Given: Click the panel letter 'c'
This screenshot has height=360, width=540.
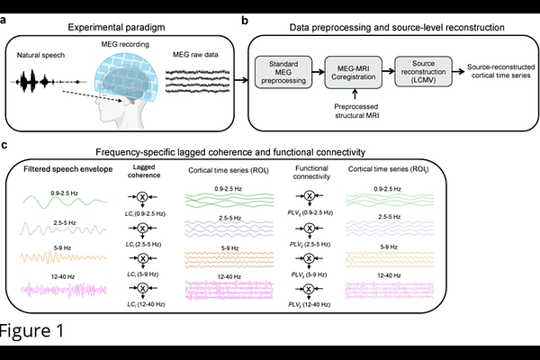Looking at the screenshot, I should (x=6, y=144).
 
